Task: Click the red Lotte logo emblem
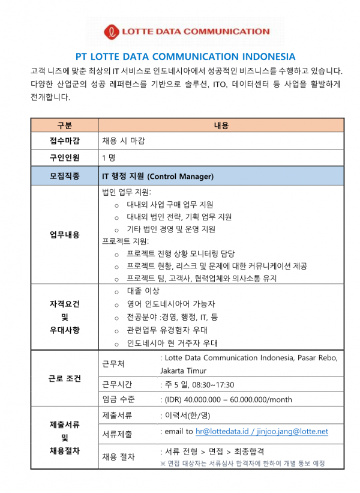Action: (x=112, y=32)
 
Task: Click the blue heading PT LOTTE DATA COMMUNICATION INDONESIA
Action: (x=185, y=57)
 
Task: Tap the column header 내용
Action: (x=221, y=125)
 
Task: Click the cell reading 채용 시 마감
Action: (x=123, y=141)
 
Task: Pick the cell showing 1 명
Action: (x=109, y=158)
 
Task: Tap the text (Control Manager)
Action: (x=180, y=177)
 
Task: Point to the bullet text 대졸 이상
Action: (x=143, y=291)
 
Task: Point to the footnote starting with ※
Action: (x=242, y=463)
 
